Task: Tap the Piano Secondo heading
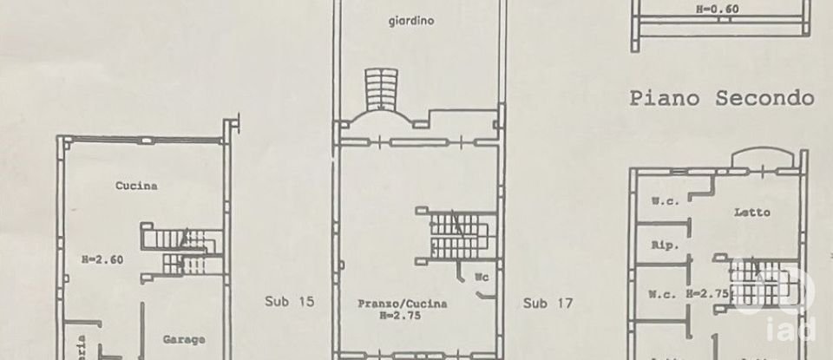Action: pyautogui.click(x=722, y=98)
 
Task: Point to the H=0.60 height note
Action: pyautogui.click(x=716, y=10)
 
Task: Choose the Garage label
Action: pyautogui.click(x=183, y=339)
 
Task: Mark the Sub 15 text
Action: pyautogui.click(x=287, y=303)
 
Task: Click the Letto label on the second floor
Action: pyautogui.click(x=752, y=212)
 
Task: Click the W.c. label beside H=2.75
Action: pyautogui.click(x=664, y=295)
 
